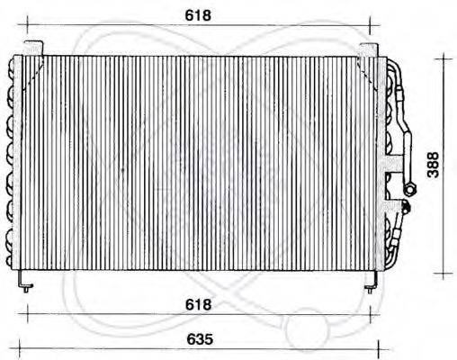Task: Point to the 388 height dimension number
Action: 434,164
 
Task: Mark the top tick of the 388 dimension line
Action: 443,58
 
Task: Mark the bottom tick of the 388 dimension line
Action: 443,272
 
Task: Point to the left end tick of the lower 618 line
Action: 29,312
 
